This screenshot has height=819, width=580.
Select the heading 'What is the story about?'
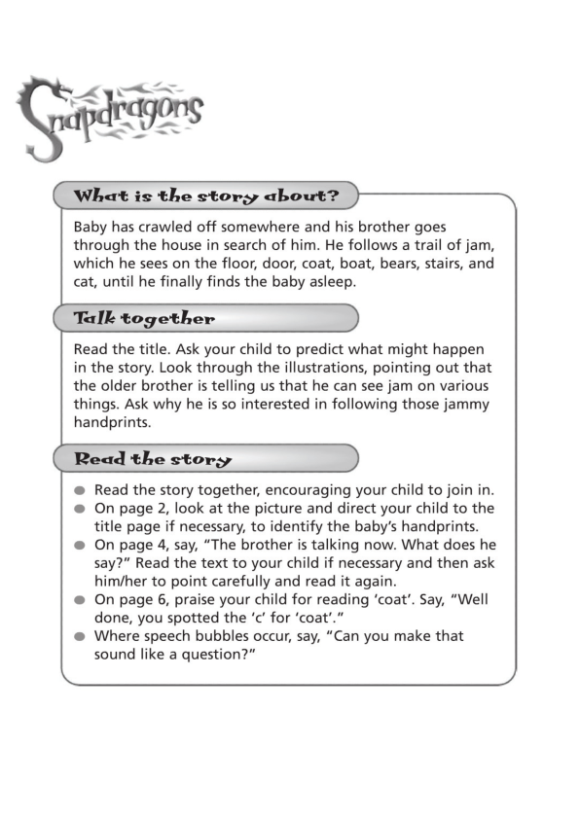(x=206, y=196)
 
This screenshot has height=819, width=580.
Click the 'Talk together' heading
(x=144, y=318)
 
